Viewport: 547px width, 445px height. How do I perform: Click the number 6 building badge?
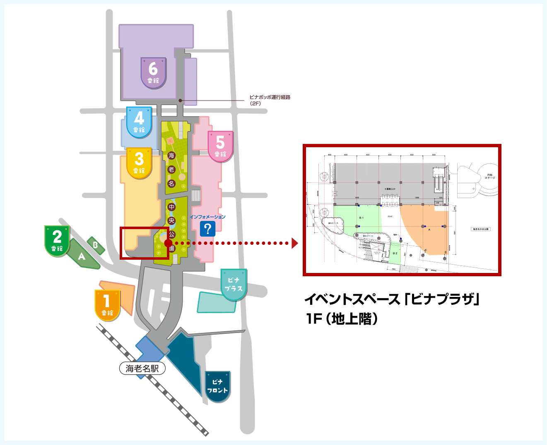coord(153,73)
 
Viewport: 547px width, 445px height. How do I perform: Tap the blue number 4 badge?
coord(139,122)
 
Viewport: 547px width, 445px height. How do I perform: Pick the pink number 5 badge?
coord(220,146)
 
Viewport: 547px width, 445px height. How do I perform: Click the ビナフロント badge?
coord(217,387)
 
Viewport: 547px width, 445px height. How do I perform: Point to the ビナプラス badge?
coord(234,285)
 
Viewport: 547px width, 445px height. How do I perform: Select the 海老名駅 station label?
coord(142,368)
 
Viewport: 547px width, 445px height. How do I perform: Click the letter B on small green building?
coord(95,245)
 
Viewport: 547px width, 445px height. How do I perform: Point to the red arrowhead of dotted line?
coord(295,243)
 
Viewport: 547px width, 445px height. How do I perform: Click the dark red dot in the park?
coord(168,243)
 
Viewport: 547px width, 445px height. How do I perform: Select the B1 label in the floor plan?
coord(361,218)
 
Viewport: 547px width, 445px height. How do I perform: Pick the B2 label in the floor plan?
coord(395,253)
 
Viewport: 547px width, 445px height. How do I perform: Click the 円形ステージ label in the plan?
coord(490,176)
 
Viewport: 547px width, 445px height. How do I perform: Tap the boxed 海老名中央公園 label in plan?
coord(481,229)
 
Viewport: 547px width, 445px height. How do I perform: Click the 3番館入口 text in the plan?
coord(390,189)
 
